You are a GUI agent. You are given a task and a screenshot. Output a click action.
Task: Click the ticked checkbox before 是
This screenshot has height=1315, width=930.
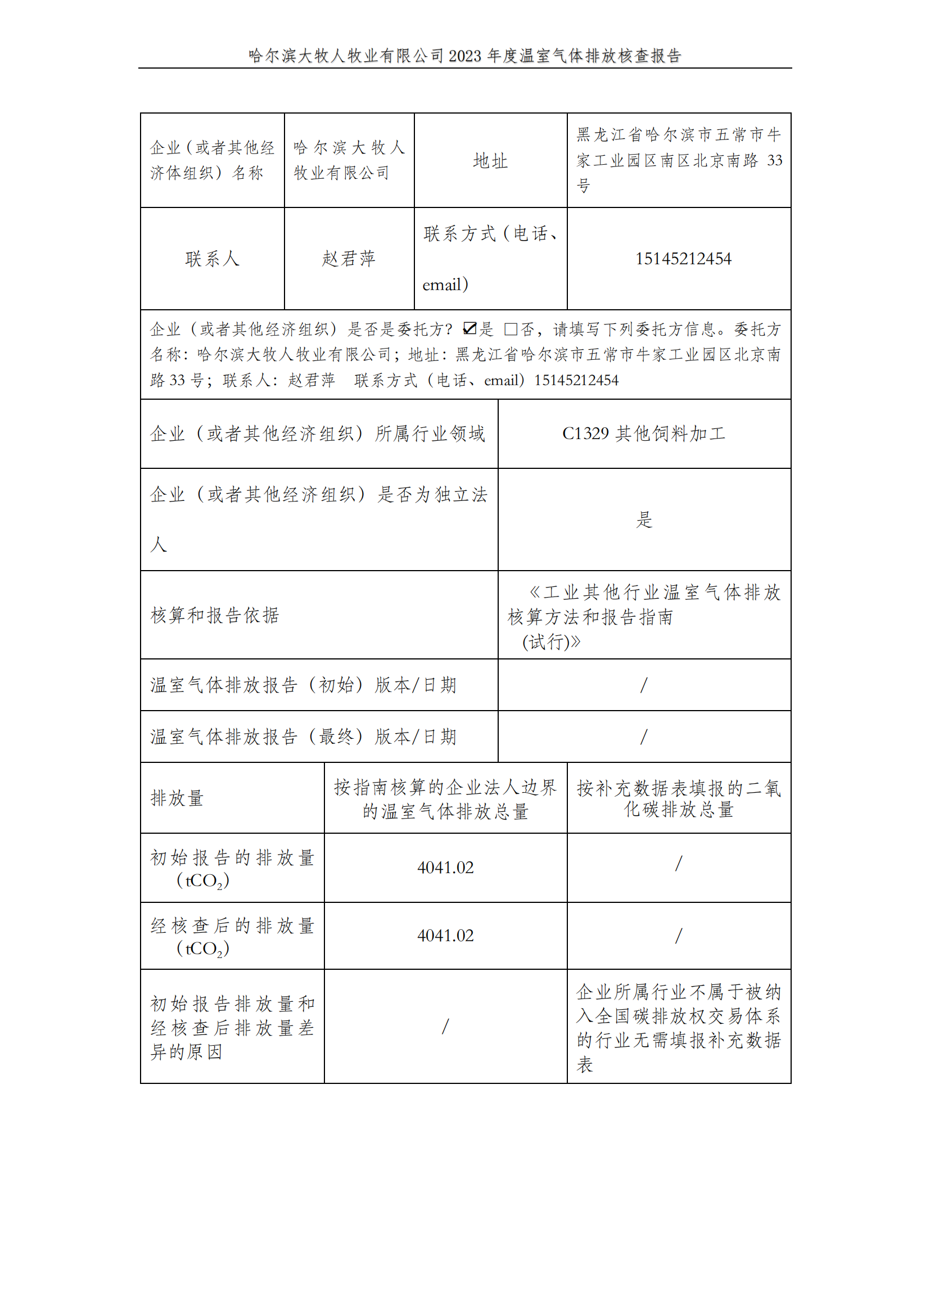469,328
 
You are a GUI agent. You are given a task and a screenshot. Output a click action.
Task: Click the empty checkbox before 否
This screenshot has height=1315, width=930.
510,329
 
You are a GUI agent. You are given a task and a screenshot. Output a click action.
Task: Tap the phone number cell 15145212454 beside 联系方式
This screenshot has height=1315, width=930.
683,259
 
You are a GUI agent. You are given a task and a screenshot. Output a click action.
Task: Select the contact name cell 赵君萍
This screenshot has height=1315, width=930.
348,259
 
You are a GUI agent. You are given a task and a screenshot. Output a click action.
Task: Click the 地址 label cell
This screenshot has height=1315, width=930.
490,161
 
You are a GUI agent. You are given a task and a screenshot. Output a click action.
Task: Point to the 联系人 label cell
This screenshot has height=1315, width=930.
212,259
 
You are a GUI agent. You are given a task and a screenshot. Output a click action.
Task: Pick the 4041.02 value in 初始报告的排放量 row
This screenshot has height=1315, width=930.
445,867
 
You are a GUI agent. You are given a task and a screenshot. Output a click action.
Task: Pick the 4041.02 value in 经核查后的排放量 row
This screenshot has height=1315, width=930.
445,936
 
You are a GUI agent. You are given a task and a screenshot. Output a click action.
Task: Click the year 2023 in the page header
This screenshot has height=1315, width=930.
464,56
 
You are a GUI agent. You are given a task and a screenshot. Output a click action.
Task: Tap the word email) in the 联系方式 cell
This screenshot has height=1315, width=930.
445,284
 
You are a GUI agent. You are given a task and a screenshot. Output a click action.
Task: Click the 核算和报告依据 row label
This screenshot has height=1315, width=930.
215,615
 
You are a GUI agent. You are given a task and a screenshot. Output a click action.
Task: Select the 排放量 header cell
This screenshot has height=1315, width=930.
177,798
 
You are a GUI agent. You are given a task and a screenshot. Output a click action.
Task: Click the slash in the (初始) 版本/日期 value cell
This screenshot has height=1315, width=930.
644,685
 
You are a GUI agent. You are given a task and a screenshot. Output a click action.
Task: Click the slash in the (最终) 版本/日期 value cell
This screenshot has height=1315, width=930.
644,736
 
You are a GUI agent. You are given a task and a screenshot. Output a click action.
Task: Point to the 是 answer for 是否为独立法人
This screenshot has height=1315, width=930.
644,519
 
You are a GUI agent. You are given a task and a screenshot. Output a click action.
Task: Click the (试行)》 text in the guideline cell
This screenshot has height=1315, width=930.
551,642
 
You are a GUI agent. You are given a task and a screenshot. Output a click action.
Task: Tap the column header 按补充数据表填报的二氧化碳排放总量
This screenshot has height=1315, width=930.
679,798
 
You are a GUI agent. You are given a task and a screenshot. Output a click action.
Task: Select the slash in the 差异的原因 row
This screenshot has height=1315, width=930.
445,1027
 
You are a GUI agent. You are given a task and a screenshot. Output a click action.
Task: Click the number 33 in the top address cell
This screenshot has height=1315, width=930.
774,160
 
